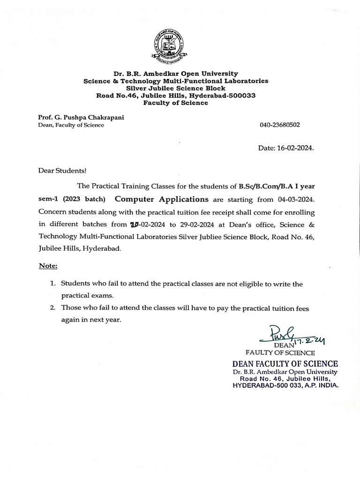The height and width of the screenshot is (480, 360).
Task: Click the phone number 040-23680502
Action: [280, 125]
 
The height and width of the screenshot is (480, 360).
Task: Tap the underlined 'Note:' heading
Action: [48, 266]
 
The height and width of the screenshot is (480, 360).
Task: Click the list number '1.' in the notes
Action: [53, 284]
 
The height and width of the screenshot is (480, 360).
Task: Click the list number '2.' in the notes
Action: [53, 308]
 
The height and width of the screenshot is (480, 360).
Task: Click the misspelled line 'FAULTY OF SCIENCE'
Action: [280, 352]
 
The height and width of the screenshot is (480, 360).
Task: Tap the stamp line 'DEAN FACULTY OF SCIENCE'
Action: [285, 364]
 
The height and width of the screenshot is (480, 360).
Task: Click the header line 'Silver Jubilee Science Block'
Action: [176, 88]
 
